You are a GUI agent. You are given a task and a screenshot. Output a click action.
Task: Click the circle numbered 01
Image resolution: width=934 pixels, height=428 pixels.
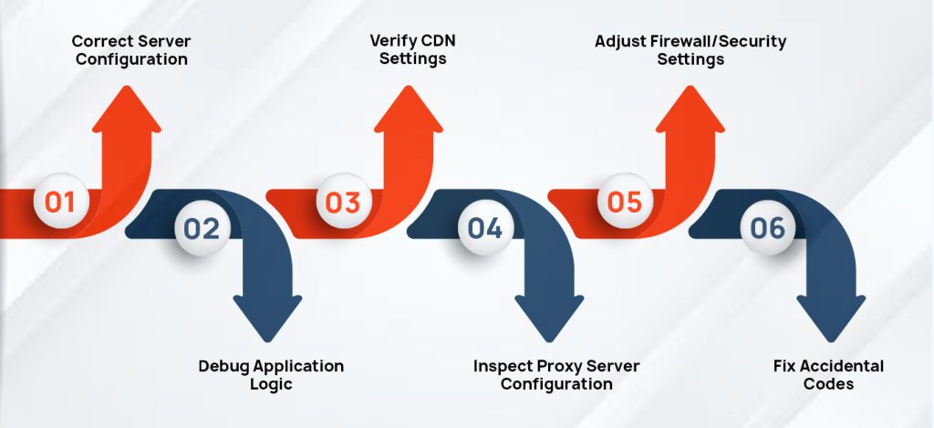(60, 201)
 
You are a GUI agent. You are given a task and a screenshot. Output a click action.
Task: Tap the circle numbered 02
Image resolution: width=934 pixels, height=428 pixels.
(202, 228)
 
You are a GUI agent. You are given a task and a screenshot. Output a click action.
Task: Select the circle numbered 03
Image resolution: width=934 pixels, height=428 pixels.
(343, 201)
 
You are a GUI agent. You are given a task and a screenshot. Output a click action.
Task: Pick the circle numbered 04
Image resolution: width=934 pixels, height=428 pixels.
(484, 228)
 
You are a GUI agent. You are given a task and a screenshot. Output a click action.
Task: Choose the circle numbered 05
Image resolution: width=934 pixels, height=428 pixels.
(625, 201)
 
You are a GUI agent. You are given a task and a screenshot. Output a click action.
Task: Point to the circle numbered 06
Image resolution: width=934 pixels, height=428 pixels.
(767, 228)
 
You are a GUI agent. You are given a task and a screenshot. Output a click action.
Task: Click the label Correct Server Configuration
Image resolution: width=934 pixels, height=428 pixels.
(131, 50)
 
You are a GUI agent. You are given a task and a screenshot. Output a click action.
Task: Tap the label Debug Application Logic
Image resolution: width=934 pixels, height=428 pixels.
(271, 374)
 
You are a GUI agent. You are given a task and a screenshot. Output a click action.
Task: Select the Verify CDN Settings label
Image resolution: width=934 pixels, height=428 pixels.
(408, 50)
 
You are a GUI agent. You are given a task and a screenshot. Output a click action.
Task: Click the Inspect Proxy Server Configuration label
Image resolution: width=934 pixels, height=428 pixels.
(556, 374)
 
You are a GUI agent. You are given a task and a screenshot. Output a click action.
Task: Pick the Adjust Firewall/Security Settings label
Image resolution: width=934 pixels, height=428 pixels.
(690, 50)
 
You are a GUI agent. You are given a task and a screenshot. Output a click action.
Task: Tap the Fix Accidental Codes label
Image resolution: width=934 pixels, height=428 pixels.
(828, 374)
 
